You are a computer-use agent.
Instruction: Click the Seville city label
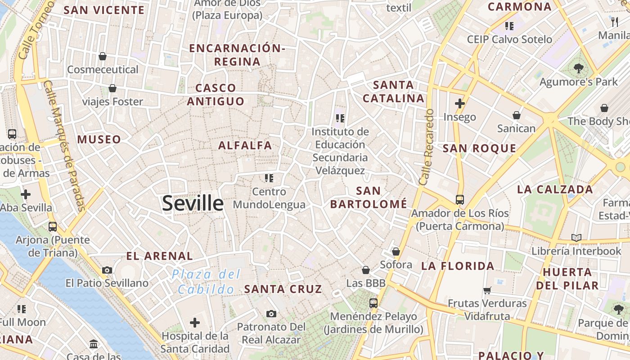pos(193,203)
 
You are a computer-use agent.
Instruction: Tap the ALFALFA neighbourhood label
pos(245,145)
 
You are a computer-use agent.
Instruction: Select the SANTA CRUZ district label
pos(283,289)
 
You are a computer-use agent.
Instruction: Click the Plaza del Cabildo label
pos(206,282)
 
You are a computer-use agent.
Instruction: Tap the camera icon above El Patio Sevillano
pos(107,270)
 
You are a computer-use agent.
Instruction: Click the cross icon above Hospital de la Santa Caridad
pos(195,323)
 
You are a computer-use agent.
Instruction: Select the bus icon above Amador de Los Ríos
pos(459,199)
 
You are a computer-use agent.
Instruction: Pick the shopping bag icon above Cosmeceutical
pos(103,56)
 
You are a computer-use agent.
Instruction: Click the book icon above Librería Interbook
pos(576,237)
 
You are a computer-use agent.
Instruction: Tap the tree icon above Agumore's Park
pos(578,68)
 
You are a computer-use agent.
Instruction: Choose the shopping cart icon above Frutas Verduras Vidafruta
pos(487,290)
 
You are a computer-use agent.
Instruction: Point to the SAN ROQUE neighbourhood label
pos(479,148)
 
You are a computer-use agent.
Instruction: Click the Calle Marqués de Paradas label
pos(65,145)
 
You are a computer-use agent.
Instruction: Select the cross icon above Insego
pos(459,103)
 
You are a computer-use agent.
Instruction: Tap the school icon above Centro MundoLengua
pos(269,178)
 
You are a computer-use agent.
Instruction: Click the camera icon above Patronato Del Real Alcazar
pos(271,314)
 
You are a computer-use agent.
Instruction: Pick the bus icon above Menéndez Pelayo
pos(373,303)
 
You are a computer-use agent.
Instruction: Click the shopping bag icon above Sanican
pos(517,115)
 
